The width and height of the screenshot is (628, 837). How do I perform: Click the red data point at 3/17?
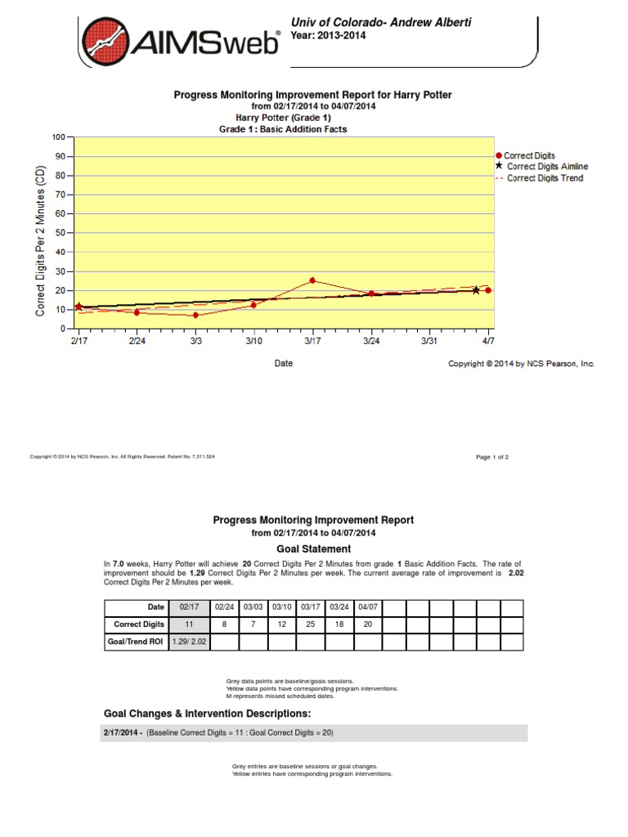point(312,280)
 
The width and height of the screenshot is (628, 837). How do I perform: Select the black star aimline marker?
point(476,290)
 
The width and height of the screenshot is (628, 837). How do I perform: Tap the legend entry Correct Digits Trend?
point(545,178)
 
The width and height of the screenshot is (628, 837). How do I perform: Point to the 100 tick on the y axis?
point(58,137)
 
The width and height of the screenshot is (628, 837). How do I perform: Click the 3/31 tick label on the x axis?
point(429,341)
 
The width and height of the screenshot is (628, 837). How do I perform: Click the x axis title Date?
point(283,363)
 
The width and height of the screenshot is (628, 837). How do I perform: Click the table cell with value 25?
point(310,624)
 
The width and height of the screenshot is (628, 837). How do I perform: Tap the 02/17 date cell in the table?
point(189,606)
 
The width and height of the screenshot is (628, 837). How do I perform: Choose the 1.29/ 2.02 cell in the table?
point(189,642)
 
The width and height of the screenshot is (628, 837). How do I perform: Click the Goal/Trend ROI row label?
point(136,642)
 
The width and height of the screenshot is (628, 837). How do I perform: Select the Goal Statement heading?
point(313,549)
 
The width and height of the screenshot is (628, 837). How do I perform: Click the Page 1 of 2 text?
point(492,457)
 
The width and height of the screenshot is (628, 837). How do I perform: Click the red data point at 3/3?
point(196,315)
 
